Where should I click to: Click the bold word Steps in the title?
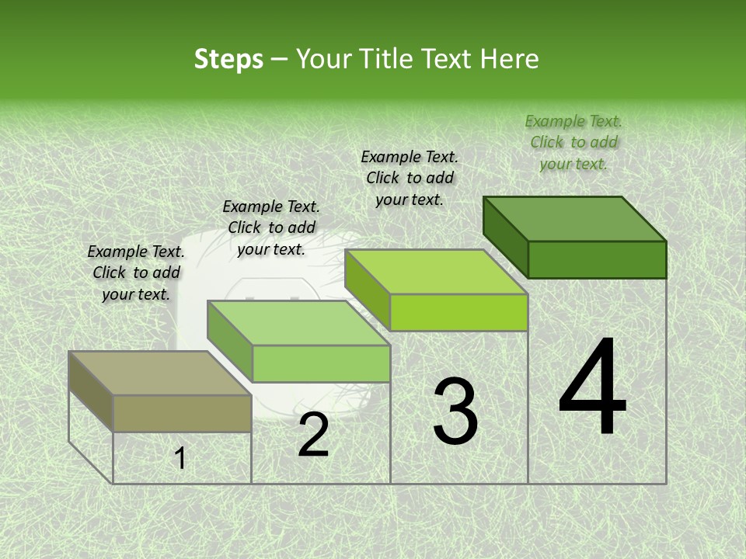click(x=228, y=59)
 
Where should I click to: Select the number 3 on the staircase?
click(x=455, y=411)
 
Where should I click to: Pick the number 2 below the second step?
click(x=313, y=435)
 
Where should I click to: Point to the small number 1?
click(x=180, y=458)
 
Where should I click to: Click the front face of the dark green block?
click(x=597, y=259)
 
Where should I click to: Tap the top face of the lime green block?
click(x=436, y=272)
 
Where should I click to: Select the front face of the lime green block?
click(x=458, y=312)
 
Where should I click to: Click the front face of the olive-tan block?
click(x=182, y=413)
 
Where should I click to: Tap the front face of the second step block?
click(x=321, y=363)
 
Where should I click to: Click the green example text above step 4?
click(x=573, y=142)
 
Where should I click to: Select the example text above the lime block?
click(x=410, y=178)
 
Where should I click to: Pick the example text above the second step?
click(x=271, y=227)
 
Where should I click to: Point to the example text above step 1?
click(x=136, y=273)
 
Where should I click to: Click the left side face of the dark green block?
click(x=505, y=236)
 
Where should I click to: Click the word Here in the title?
click(x=510, y=59)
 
